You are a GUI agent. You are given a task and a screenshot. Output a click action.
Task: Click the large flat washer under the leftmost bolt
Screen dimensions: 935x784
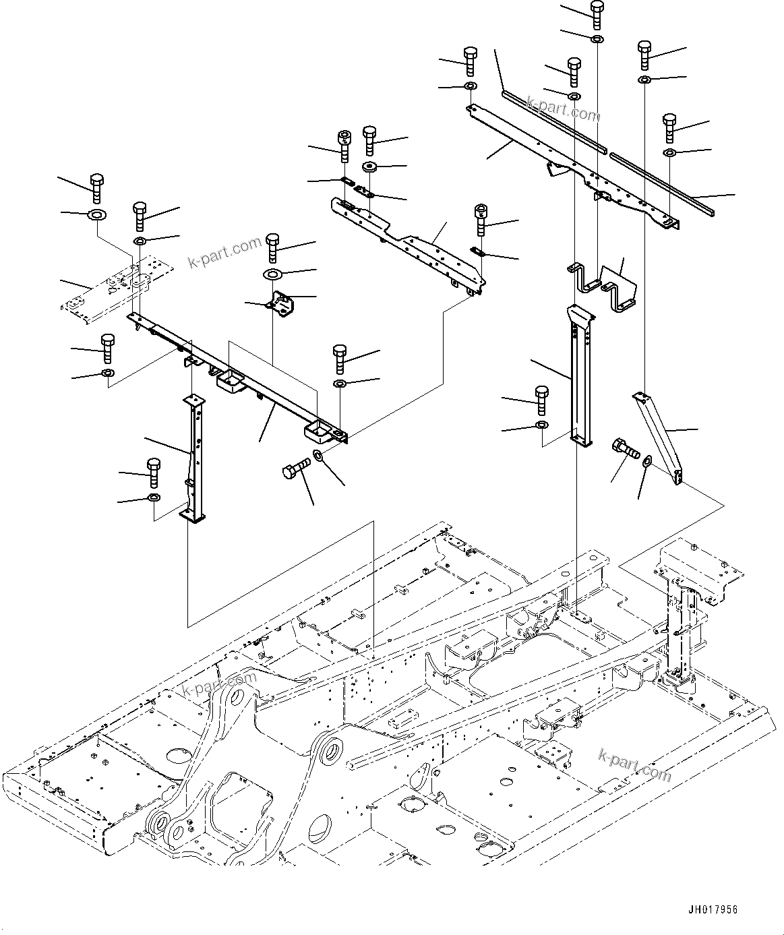click(96, 216)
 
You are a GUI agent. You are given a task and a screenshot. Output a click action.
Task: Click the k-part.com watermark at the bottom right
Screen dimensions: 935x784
click(634, 765)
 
